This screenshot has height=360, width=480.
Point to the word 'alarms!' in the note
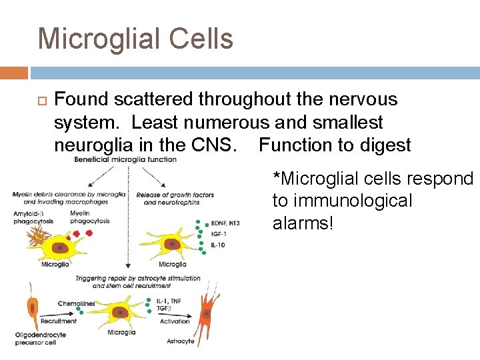(x=302, y=223)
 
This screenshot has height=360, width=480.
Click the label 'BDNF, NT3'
(x=225, y=223)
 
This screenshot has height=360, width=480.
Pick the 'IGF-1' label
(x=219, y=235)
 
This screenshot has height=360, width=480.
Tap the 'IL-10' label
(x=218, y=245)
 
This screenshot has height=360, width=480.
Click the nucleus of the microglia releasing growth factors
(x=173, y=245)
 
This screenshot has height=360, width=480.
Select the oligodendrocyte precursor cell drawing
(x=31, y=308)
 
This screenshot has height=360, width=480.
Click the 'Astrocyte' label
(x=180, y=341)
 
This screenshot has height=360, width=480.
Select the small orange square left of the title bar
(x=14, y=72)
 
